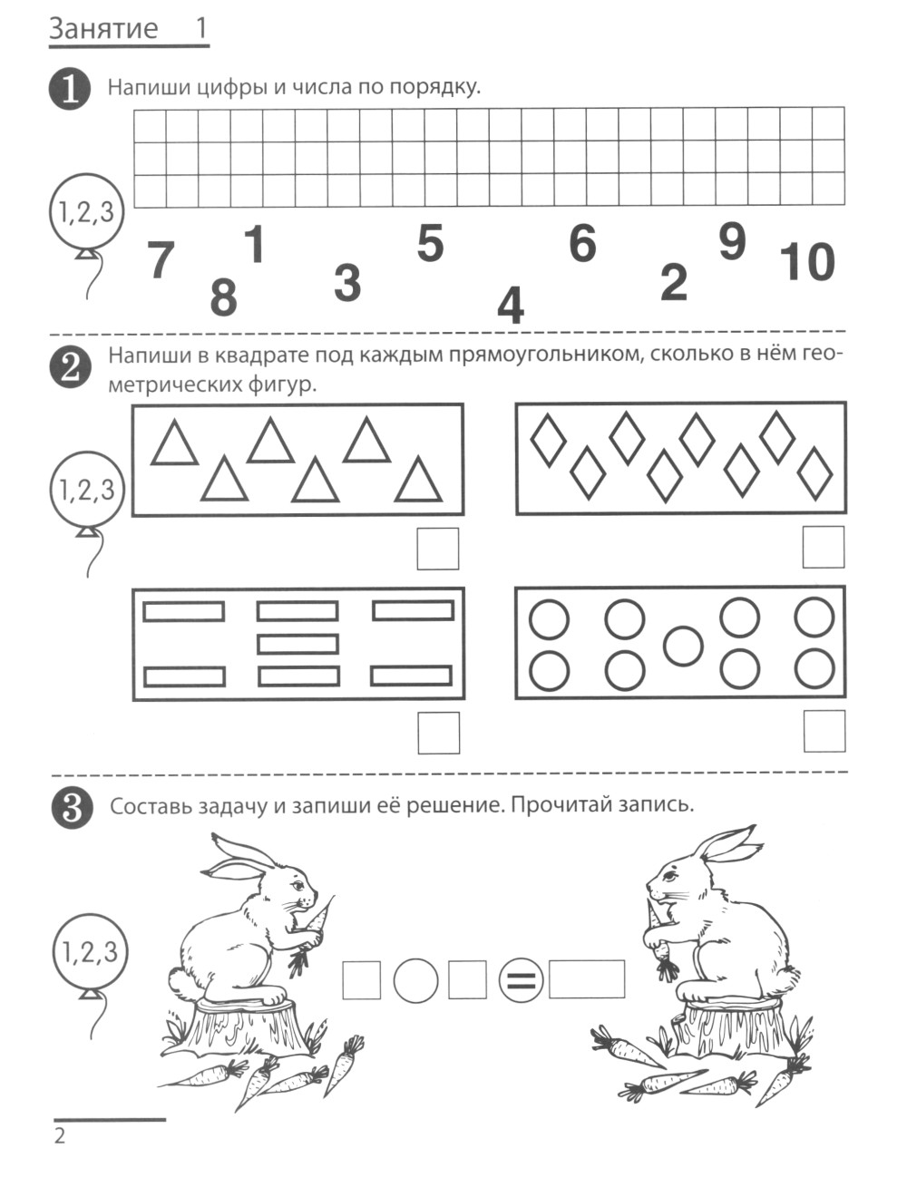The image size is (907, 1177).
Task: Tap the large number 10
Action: (x=807, y=262)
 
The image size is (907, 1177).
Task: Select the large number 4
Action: (x=511, y=305)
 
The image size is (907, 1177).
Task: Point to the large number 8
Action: (x=224, y=297)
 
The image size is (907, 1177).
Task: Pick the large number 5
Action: (x=430, y=243)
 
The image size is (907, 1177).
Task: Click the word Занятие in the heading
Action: (x=103, y=29)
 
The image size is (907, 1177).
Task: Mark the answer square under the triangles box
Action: (x=438, y=549)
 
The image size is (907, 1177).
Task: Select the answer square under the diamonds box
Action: (x=823, y=547)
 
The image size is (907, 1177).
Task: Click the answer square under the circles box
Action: (x=824, y=731)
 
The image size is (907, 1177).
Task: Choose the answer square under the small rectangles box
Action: (x=438, y=733)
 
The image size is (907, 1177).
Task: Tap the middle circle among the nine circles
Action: (x=683, y=647)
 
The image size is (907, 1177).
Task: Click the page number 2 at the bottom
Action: (x=60, y=1135)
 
